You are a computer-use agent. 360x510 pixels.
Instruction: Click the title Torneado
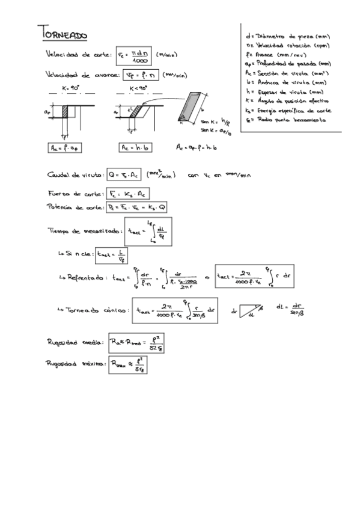pyautogui.click(x=63, y=34)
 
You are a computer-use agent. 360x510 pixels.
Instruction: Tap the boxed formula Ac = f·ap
pyautogui.click(x=64, y=147)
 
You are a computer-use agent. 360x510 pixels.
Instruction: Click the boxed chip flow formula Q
pyautogui.click(x=124, y=176)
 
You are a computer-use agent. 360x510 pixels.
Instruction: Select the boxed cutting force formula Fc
pyautogui.click(x=127, y=194)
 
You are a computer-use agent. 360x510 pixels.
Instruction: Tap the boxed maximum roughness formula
pyautogui.click(x=128, y=365)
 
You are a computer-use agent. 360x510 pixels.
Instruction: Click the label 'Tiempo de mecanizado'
pyautogui.click(x=84, y=230)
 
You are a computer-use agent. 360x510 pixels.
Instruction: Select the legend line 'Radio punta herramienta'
pyautogui.click(x=287, y=120)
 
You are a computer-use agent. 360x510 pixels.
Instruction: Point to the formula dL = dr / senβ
pyautogui.click(x=291, y=309)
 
